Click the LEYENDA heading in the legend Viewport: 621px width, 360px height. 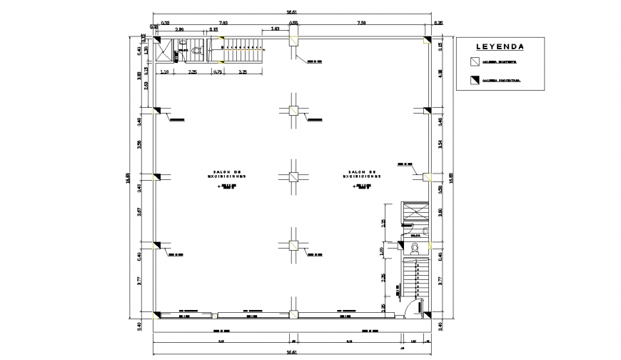500,47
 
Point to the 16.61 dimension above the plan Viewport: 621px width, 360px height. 293,12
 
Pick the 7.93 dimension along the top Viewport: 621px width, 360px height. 223,23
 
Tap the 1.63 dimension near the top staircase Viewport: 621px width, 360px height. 275,29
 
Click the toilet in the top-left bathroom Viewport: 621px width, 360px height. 197,51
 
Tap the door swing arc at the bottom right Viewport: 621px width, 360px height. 407,307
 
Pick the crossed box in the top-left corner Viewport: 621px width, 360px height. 165,53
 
